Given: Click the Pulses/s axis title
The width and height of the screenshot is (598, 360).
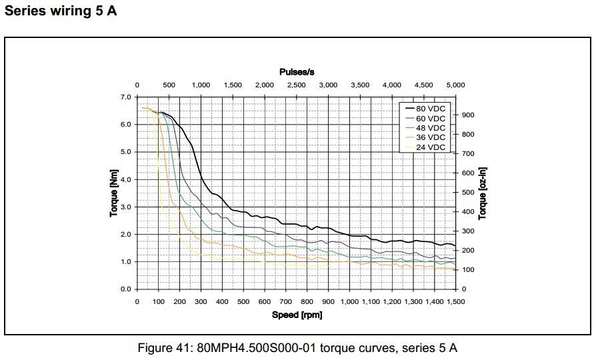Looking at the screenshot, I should pyautogui.click(x=297, y=72).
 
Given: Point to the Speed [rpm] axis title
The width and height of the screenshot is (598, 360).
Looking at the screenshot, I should pyautogui.click(x=297, y=314).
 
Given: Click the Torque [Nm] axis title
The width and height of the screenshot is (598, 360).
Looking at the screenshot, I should pyautogui.click(x=114, y=194).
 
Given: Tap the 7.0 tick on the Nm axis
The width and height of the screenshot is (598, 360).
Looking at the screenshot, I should pyautogui.click(x=125, y=97).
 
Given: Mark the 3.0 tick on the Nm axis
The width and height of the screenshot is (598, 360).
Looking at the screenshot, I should pyautogui.click(x=125, y=207).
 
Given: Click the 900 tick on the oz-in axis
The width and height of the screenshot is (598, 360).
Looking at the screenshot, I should pyautogui.click(x=468, y=115).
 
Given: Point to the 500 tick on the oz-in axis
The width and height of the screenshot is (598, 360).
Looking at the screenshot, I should pyautogui.click(x=468, y=193).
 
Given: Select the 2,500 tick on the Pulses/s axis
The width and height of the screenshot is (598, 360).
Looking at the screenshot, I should pyautogui.click(x=296, y=85).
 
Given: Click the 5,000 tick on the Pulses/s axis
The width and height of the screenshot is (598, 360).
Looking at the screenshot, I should pyautogui.click(x=455, y=85).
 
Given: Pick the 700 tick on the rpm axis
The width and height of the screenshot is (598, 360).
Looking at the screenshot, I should pyautogui.click(x=286, y=302).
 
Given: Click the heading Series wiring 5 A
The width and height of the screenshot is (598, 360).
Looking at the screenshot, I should pyautogui.click(x=61, y=12).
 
